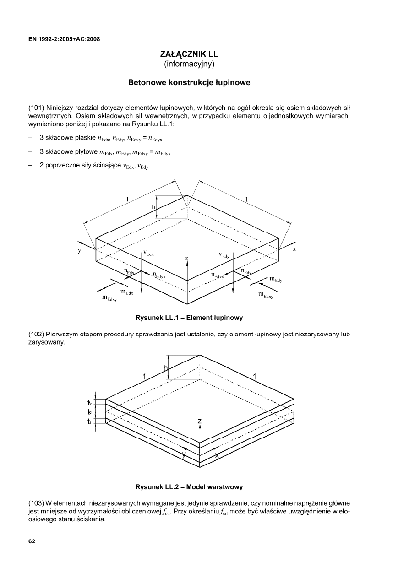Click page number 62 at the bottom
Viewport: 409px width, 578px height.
point(32,541)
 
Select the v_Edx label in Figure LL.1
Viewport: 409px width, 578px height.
point(149,253)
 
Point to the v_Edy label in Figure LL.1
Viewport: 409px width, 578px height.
point(224,255)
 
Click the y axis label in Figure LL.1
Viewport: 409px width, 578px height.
point(79,251)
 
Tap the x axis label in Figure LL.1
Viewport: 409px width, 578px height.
point(294,249)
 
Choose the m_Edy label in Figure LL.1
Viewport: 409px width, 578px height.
point(276,279)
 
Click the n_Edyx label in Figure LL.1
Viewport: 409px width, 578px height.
point(159,275)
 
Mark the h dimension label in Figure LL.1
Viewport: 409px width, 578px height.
point(153,207)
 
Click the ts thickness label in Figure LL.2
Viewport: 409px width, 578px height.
point(90,403)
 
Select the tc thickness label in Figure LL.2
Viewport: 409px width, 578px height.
point(90,412)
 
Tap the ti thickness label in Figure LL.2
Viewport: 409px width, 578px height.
point(90,421)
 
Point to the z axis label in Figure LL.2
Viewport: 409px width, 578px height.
point(200,421)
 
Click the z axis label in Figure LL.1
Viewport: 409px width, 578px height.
point(186,259)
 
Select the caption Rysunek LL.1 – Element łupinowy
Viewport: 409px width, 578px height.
point(189,317)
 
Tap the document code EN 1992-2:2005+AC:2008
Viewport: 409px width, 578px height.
point(64,38)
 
